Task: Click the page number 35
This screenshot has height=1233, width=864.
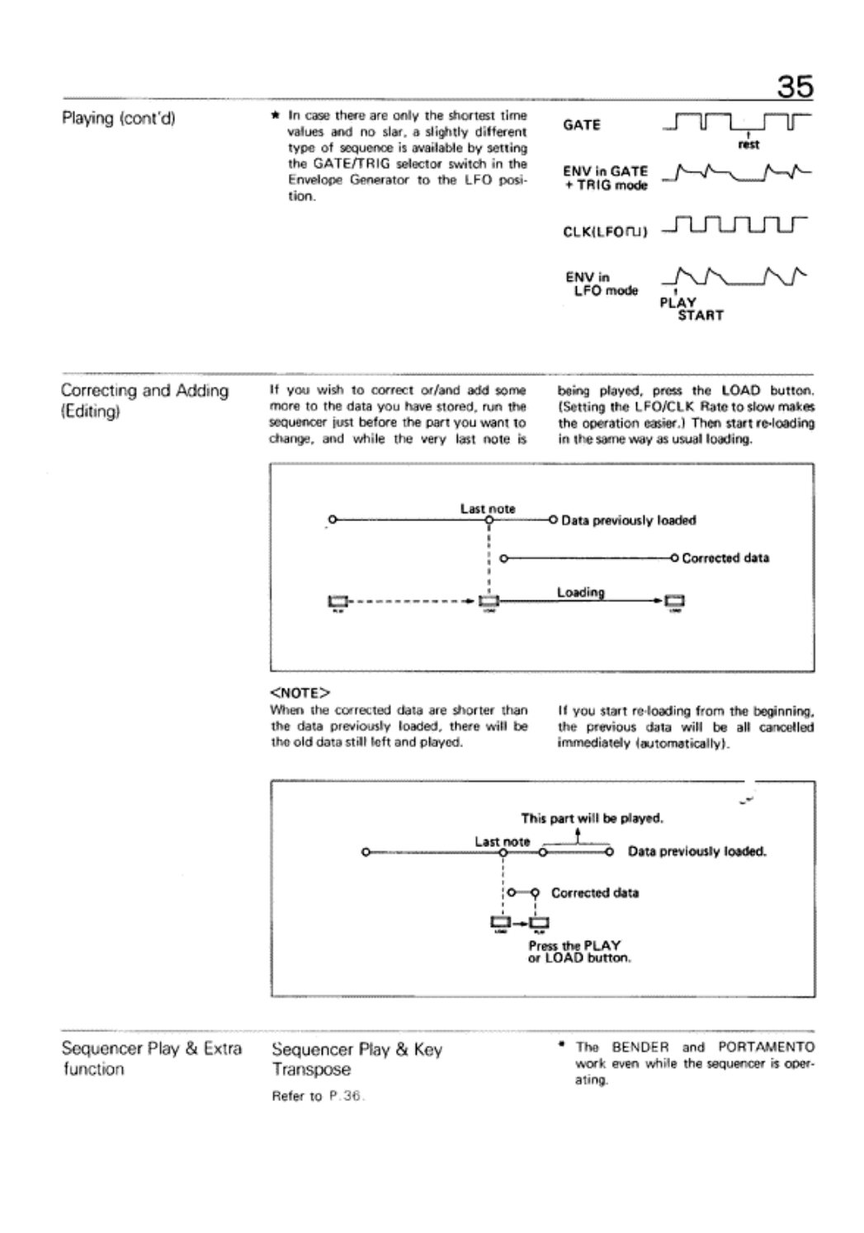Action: (x=795, y=86)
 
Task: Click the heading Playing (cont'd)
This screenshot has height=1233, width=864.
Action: (x=119, y=118)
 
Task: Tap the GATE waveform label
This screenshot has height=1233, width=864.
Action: (x=581, y=125)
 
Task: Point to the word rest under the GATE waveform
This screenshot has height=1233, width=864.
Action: (x=748, y=145)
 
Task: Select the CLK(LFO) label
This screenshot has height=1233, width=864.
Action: (x=605, y=232)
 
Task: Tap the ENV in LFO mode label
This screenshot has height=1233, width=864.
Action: (x=601, y=284)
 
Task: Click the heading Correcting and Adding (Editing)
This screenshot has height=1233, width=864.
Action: (x=144, y=400)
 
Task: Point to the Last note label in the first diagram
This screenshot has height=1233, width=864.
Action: (x=487, y=509)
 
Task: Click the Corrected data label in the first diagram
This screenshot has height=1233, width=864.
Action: (x=725, y=558)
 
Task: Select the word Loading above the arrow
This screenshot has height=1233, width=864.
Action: (x=580, y=592)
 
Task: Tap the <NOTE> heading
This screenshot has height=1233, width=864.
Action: (x=300, y=691)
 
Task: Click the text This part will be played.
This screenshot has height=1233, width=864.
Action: (x=592, y=819)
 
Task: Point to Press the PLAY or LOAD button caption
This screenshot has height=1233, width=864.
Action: (x=579, y=952)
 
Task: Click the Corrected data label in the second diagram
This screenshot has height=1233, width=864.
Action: (x=594, y=892)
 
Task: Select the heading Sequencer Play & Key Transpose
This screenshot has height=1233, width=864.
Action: (x=356, y=1059)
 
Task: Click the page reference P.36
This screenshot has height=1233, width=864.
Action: (x=350, y=1096)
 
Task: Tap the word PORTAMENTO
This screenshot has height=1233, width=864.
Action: (x=766, y=1047)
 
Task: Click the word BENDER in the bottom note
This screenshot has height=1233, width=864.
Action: (x=640, y=1047)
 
